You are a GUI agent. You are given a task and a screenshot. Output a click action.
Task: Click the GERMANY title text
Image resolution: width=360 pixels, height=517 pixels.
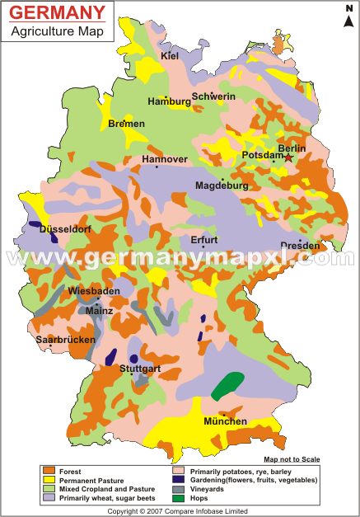click(x=58, y=14)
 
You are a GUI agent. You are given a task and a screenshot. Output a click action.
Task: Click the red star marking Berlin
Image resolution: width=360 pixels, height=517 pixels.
click(x=288, y=157)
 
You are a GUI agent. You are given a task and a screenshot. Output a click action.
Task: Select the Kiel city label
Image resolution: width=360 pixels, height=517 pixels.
click(x=171, y=56)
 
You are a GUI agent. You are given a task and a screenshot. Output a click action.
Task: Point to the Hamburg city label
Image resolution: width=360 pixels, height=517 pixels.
click(x=168, y=101)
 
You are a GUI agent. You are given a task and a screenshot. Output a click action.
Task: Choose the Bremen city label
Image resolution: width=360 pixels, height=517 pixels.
click(x=126, y=124)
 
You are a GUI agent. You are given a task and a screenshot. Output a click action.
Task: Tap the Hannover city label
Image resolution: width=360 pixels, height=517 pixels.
click(x=165, y=159)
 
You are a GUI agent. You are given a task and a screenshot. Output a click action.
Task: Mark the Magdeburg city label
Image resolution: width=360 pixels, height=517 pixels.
click(x=222, y=186)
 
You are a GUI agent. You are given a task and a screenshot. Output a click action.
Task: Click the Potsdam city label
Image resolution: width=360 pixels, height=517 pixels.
click(x=263, y=155)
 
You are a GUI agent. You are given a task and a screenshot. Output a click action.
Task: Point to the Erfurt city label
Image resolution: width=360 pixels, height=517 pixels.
click(x=203, y=240)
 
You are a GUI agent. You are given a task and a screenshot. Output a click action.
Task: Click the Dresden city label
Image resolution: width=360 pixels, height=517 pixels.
click(x=300, y=245)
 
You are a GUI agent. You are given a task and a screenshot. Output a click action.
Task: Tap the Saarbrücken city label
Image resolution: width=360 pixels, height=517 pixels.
click(x=65, y=339)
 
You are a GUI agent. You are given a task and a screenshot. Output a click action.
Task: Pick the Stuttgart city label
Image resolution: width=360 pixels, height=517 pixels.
click(x=138, y=369)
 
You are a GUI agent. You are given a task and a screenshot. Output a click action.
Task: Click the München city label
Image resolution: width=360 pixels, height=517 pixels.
click(x=225, y=421)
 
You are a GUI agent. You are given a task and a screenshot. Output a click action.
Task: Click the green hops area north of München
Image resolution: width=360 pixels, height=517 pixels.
click(x=227, y=385)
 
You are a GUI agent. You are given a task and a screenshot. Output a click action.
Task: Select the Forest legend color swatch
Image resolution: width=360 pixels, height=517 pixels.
click(x=49, y=470)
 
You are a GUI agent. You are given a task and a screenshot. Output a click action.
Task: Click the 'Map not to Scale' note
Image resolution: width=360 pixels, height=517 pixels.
click(x=292, y=459)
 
